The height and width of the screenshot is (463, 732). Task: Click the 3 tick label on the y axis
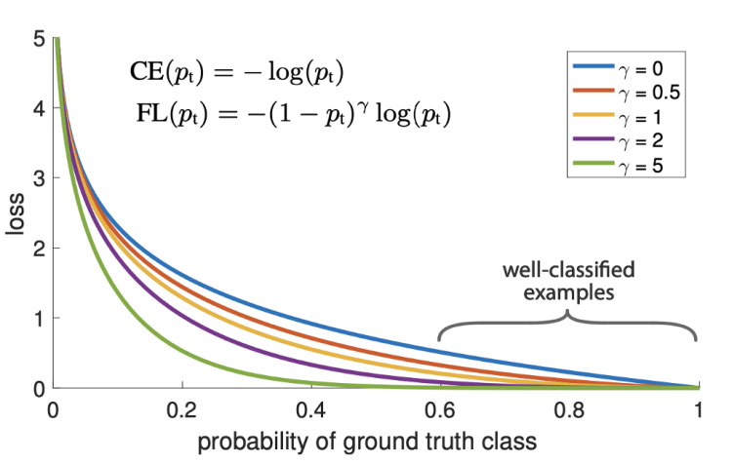tap(36, 179)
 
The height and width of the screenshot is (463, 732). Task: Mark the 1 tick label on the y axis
tap(36, 319)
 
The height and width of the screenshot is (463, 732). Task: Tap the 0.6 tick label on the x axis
tap(441, 410)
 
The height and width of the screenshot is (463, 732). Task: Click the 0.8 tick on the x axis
tap(570, 410)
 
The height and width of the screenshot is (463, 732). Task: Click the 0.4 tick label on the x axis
tap(311, 410)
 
